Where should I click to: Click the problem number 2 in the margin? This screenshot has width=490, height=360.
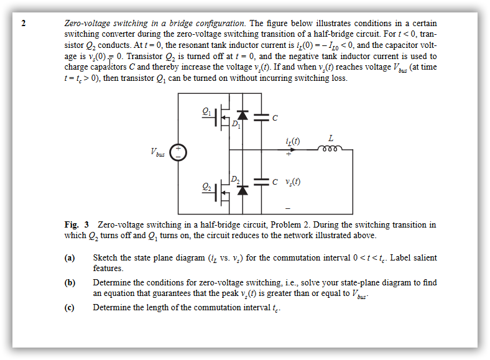(24, 23)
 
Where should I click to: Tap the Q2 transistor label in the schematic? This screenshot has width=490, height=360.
(206, 186)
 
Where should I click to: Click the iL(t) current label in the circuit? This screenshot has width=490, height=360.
(291, 142)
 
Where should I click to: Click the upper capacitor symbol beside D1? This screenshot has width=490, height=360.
(262, 116)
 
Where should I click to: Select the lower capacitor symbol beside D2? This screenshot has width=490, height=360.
(262, 182)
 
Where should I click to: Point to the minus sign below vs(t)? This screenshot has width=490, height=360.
(288, 207)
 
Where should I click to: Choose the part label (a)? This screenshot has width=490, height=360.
(70, 257)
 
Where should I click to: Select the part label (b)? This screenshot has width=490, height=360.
(70, 282)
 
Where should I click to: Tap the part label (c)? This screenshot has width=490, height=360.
(70, 307)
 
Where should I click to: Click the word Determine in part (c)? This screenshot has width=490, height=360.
(111, 307)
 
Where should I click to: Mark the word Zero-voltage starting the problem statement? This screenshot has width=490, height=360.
(86, 23)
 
